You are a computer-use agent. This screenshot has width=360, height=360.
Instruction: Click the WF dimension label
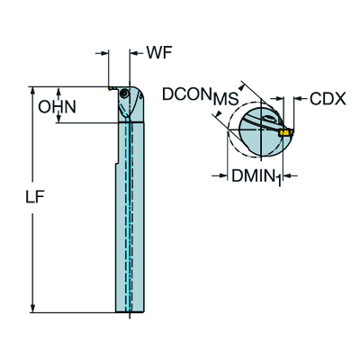[159, 53]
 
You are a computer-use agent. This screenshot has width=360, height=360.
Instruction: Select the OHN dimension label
[58, 107]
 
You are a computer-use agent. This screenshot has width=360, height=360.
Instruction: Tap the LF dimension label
[35, 197]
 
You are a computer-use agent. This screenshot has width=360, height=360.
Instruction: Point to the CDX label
[328, 99]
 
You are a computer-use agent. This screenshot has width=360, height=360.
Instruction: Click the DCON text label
[185, 94]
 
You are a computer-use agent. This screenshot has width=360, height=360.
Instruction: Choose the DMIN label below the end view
[253, 175]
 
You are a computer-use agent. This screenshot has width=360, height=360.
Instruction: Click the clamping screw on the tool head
[123, 94]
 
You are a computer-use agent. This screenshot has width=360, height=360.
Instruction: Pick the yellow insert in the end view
[286, 132]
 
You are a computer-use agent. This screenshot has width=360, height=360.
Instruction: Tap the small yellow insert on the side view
[111, 88]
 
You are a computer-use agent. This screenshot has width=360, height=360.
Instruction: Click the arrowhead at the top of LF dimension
[32, 90]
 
